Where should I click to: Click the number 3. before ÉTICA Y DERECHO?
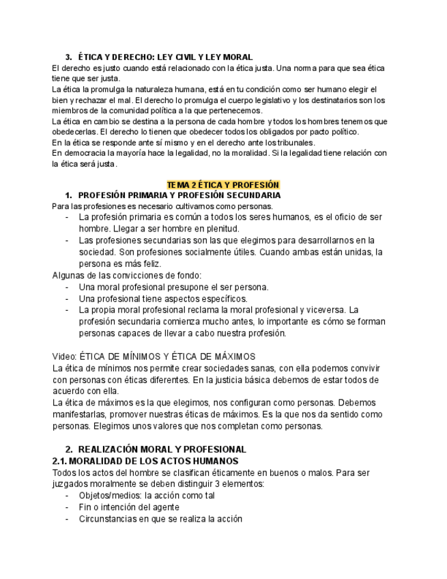(68, 57)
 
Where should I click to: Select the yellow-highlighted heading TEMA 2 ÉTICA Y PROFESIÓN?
(223, 185)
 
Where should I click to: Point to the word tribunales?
(295, 143)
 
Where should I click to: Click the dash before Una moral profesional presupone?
(68, 287)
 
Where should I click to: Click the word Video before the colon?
(64, 356)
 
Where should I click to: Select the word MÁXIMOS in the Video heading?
(233, 356)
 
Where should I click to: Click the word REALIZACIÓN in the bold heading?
(113, 449)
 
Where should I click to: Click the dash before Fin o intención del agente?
(68, 507)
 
